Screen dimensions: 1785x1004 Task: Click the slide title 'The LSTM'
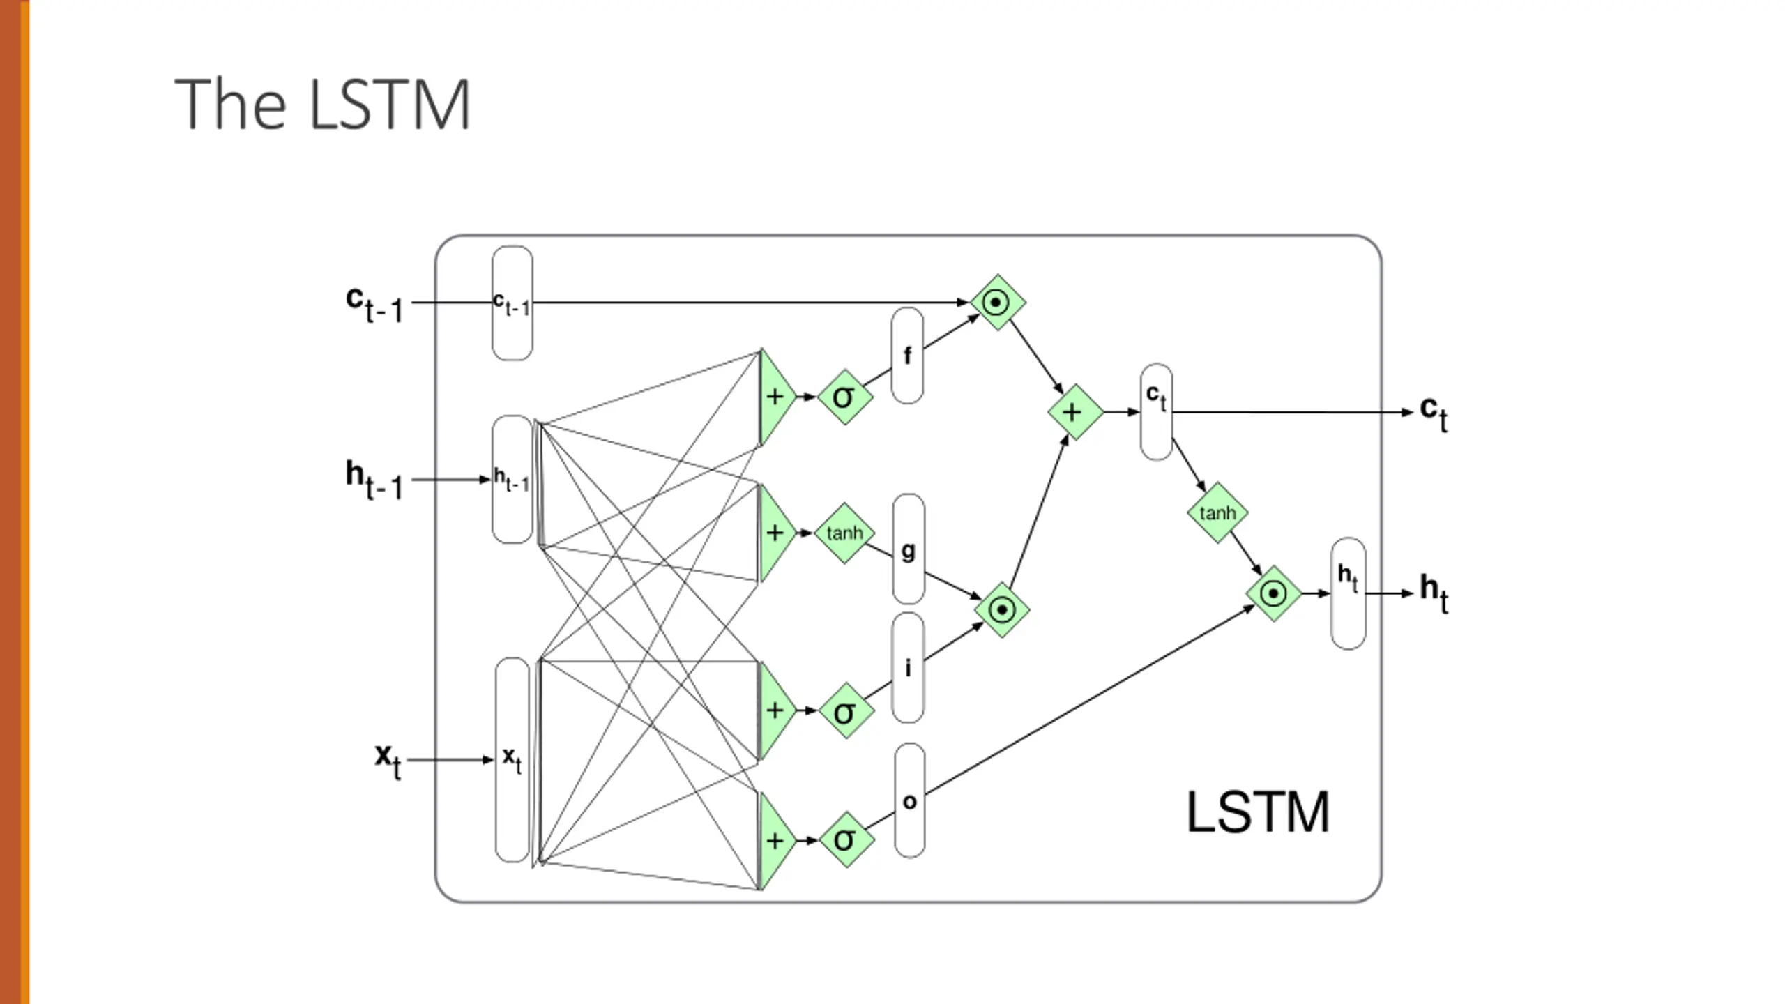click(322, 105)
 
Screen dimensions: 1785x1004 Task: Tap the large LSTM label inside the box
click(1258, 812)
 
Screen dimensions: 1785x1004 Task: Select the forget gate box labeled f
click(907, 356)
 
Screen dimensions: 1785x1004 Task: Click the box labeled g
click(908, 549)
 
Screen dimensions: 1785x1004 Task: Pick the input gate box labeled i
click(908, 667)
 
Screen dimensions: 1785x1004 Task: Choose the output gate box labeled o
click(909, 800)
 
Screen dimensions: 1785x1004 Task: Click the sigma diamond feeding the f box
click(844, 397)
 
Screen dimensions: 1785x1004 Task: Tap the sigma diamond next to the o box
click(846, 839)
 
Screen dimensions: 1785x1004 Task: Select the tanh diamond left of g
click(844, 533)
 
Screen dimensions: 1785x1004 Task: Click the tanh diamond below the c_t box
click(1217, 512)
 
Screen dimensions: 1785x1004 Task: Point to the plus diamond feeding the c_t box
click(1075, 412)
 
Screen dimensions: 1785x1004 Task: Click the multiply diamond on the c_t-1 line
click(998, 302)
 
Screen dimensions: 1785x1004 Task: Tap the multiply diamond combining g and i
click(1002, 609)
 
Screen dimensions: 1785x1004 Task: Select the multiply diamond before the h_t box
click(1274, 593)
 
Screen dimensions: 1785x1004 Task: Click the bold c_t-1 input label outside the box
click(375, 304)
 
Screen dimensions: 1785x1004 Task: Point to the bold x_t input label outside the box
click(388, 760)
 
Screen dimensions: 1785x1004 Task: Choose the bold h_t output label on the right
click(1434, 593)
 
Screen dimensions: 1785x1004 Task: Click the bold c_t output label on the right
click(1434, 413)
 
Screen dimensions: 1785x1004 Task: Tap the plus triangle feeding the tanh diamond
click(775, 533)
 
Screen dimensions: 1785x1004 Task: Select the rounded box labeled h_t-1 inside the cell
click(512, 480)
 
